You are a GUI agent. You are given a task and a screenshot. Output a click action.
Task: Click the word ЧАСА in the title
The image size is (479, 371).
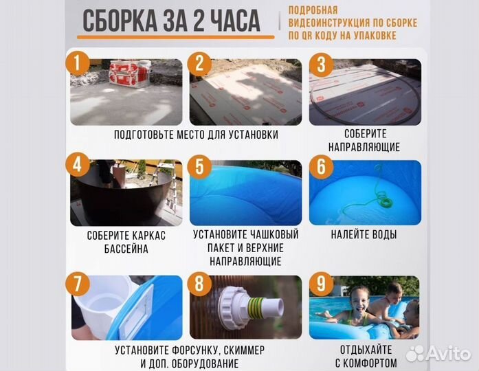pos(232,22)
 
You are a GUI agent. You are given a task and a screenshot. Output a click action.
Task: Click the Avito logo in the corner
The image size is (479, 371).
pos(437,353)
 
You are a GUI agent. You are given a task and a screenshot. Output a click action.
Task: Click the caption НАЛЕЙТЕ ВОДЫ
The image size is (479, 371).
pos(363,235)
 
